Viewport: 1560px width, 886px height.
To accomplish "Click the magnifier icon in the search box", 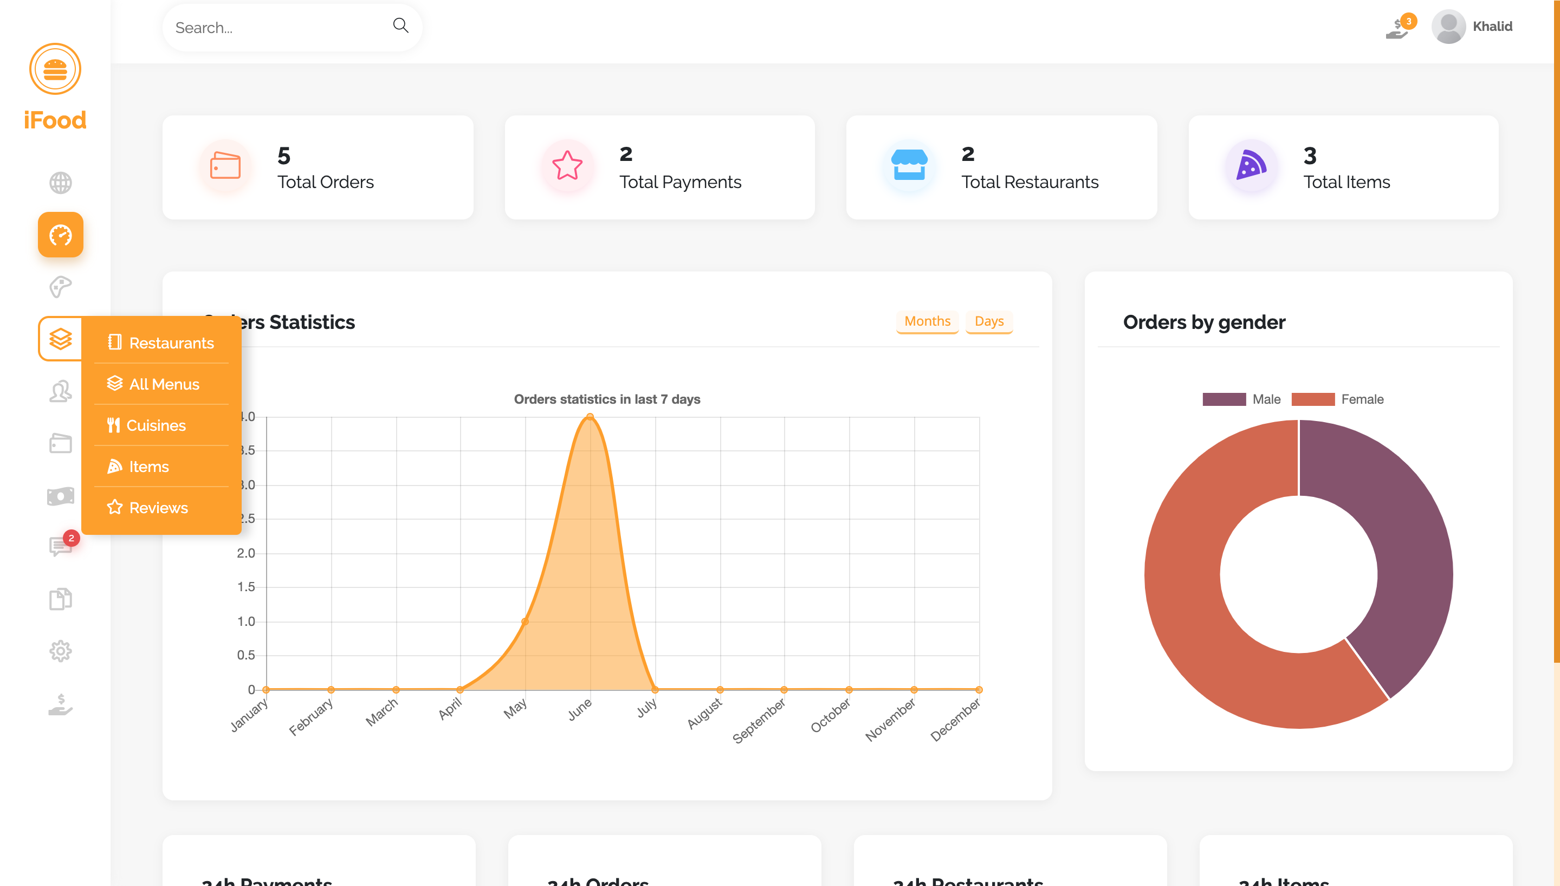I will click(400, 25).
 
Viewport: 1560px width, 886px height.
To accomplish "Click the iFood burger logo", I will click(55, 69).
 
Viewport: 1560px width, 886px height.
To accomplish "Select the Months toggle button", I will click(927, 321).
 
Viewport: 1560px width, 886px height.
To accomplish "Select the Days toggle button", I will click(989, 321).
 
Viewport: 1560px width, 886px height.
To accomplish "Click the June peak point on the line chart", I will click(590, 417).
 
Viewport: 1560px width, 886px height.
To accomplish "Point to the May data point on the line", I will click(525, 622).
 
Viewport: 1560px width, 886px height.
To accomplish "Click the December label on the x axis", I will click(956, 719).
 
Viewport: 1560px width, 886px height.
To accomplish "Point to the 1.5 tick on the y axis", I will click(246, 587).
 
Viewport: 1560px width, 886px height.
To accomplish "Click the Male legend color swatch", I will click(1224, 399).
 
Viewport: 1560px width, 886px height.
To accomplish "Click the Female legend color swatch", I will click(1312, 399).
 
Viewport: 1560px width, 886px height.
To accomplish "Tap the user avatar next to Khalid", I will click(1448, 27).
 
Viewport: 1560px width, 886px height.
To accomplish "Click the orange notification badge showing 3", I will click(1408, 21).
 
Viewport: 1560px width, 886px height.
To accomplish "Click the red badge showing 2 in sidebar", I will click(71, 538).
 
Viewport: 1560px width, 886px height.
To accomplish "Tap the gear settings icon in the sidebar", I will click(60, 651).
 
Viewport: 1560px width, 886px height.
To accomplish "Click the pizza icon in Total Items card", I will click(1251, 165).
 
